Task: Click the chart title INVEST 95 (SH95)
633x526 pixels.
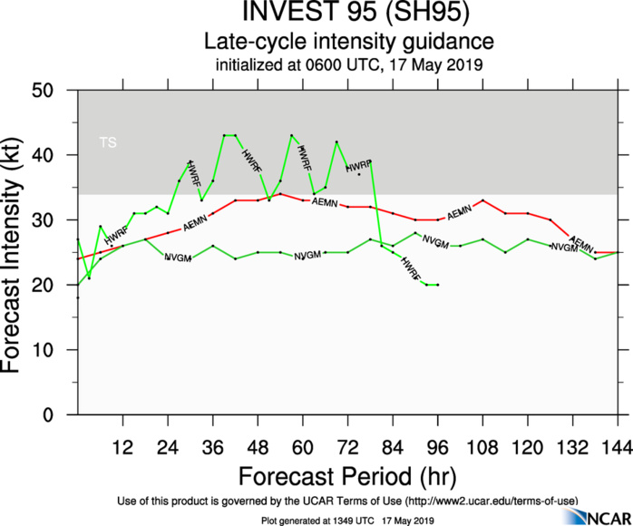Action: click(348, 15)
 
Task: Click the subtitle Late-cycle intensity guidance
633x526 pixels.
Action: click(348, 42)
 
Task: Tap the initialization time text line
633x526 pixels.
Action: click(348, 65)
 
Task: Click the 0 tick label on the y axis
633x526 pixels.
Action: click(64, 415)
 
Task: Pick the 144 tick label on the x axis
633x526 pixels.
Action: click(618, 446)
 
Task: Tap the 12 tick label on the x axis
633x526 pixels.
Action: click(123, 446)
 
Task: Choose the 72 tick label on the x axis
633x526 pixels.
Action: click(348, 446)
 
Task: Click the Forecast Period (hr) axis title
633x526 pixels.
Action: click(348, 476)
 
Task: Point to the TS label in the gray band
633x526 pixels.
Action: click(108, 142)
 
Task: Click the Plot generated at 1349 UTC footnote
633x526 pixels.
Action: click(348, 519)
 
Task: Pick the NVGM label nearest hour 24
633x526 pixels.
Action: click(178, 258)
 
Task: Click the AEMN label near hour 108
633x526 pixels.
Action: click(459, 212)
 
